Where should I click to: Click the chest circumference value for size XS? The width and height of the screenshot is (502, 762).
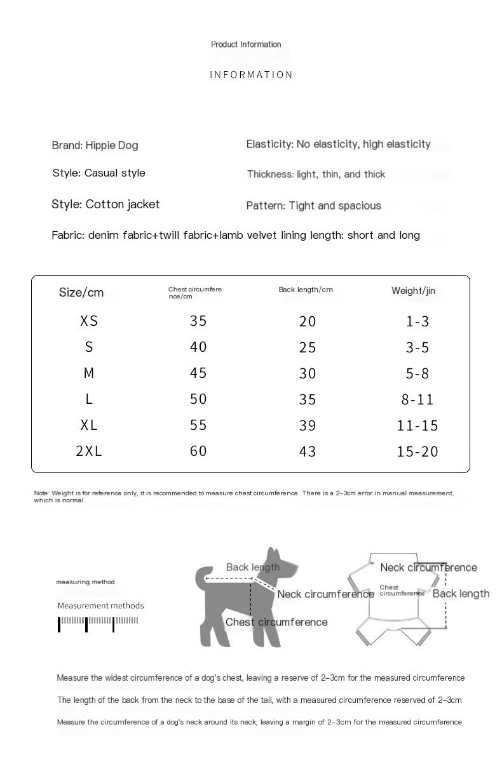coord(198,321)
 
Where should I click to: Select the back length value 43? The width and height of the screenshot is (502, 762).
coord(308,451)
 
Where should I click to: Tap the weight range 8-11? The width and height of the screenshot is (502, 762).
coord(417,399)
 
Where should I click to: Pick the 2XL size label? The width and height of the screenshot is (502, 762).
coord(89,451)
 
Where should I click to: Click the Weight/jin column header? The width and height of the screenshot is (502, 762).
coord(413,291)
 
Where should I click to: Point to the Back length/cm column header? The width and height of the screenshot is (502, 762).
coord(306,290)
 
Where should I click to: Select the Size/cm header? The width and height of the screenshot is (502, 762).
coord(81,292)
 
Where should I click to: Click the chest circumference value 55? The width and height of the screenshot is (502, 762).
coord(198,425)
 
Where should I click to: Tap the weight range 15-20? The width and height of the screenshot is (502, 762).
coord(417,451)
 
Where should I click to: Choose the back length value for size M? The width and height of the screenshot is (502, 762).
coord(308,373)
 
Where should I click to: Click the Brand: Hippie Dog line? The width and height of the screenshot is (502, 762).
coord(95,145)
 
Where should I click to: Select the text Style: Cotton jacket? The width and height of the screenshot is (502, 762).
coord(105,204)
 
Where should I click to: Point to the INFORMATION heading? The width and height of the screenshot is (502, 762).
coord(251,75)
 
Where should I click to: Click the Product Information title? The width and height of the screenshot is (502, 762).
coord(246,44)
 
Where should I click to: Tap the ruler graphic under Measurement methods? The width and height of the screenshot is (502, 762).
coord(98,623)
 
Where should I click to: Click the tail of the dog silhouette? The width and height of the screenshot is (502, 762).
coord(202,577)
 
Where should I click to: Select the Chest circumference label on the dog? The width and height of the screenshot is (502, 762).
coord(276,622)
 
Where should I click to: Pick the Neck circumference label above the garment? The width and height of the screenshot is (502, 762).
coord(428,568)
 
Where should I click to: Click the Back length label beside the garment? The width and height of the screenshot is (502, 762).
coord(461,594)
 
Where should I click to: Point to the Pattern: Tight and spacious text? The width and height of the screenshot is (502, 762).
coord(314,206)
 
